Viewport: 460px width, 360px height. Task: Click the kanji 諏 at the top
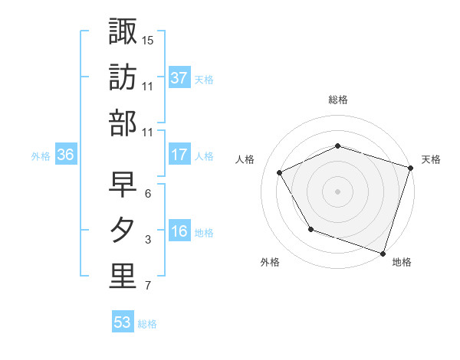[123, 31]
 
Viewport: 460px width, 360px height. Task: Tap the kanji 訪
[123, 77]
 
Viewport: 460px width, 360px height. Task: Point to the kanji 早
[123, 184]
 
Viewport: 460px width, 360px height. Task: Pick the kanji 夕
[123, 231]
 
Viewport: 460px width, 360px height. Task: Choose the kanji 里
[123, 277]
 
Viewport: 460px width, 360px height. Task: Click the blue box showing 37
[179, 77]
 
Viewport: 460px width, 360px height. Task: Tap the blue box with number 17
[179, 155]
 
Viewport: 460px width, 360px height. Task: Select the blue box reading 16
[179, 231]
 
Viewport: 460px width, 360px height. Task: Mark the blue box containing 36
[66, 155]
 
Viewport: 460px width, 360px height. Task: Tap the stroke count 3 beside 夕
[148, 240]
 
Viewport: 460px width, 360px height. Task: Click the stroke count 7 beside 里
[148, 286]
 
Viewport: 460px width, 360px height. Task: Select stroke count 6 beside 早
[148, 194]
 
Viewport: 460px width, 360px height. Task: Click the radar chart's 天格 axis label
[431, 159]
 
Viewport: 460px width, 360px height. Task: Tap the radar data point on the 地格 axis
[383, 253]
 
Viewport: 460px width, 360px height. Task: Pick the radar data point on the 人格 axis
[280, 172]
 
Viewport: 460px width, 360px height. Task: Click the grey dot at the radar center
[337, 191]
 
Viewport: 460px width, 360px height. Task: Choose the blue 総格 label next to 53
[147, 323]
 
